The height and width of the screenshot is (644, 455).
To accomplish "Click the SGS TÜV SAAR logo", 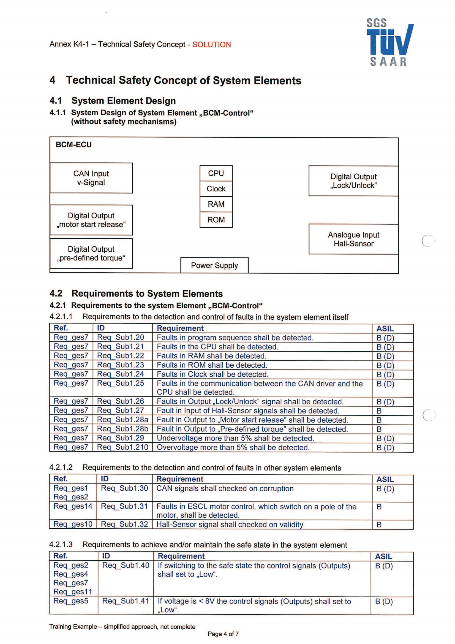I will (x=389, y=42).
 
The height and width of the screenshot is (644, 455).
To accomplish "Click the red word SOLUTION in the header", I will (x=211, y=45).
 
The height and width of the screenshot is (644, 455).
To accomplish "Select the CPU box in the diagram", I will (x=216, y=173).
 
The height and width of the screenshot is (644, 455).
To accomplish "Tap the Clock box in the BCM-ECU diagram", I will (x=216, y=189).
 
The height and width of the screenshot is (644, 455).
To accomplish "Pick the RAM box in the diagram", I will (x=216, y=204).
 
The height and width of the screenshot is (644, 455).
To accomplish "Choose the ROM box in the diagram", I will (x=216, y=220).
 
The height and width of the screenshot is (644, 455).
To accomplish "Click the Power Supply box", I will (x=214, y=265).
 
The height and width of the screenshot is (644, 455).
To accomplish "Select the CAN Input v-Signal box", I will (x=91, y=178).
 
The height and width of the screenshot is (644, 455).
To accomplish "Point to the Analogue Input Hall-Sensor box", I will (x=353, y=239).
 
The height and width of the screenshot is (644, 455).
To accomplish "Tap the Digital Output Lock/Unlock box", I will (x=353, y=181).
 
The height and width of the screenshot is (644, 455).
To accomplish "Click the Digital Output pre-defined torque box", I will (x=91, y=254).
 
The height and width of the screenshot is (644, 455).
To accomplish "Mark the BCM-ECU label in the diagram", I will (x=73, y=145).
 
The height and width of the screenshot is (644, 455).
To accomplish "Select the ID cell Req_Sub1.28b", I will (x=122, y=429).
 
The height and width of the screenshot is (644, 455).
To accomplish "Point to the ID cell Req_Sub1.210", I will (x=122, y=447).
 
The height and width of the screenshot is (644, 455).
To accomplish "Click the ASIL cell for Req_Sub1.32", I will (x=379, y=525).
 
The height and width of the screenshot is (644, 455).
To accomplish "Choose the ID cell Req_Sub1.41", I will (x=125, y=601).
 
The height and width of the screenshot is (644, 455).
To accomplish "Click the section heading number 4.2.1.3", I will (x=61, y=545).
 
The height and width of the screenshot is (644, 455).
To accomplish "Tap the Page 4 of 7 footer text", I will (x=223, y=634).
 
